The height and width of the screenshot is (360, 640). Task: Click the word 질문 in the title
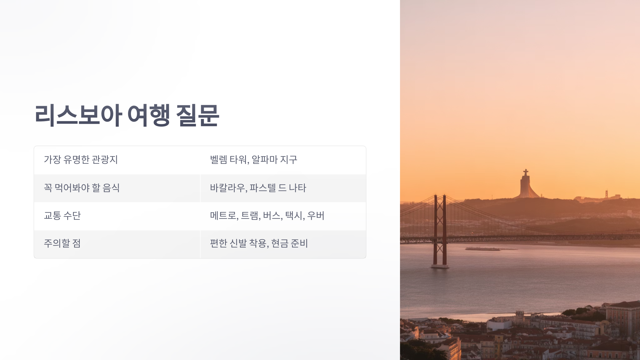[198, 115]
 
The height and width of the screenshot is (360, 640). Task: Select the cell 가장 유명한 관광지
[81, 160]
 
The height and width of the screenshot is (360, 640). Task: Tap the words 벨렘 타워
[229, 160]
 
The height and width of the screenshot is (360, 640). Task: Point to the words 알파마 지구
[274, 160]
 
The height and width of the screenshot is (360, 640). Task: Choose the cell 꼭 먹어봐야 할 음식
[82, 188]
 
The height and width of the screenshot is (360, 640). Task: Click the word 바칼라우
[227, 188]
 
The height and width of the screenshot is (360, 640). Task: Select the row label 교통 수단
[62, 215]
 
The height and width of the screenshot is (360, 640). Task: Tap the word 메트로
[223, 215]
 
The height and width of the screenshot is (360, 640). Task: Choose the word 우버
[316, 215]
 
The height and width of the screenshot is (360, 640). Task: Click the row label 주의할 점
[62, 243]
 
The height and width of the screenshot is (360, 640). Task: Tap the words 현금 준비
[289, 243]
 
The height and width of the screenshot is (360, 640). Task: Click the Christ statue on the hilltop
[526, 184]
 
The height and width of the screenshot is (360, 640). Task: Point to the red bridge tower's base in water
[440, 266]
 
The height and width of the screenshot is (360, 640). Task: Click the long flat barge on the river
[483, 249]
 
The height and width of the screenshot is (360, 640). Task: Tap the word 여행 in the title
[149, 115]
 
